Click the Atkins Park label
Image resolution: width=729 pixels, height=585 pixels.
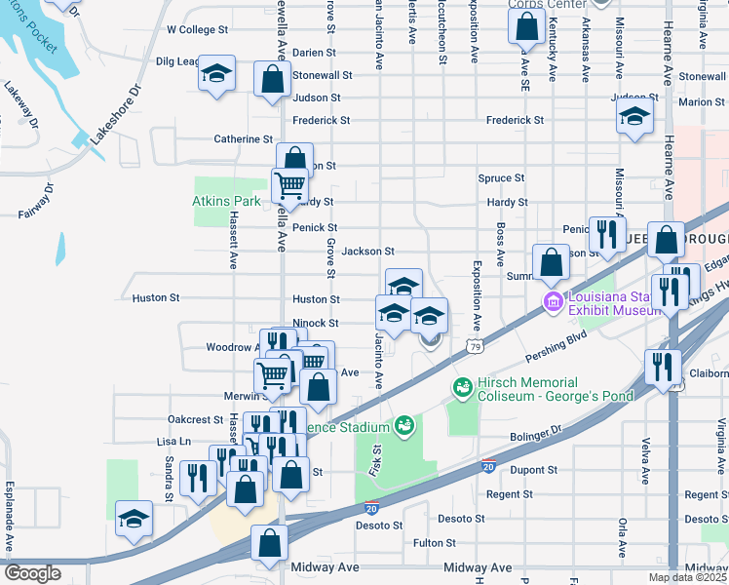225,202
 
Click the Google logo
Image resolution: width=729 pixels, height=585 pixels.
32,573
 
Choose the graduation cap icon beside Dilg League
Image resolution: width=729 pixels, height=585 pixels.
217,74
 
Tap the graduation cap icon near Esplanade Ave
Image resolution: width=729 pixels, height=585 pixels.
134,519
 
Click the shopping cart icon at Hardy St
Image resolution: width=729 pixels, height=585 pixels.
289,183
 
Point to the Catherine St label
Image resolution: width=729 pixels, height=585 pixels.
244,139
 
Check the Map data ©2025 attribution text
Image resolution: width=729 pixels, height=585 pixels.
686,577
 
